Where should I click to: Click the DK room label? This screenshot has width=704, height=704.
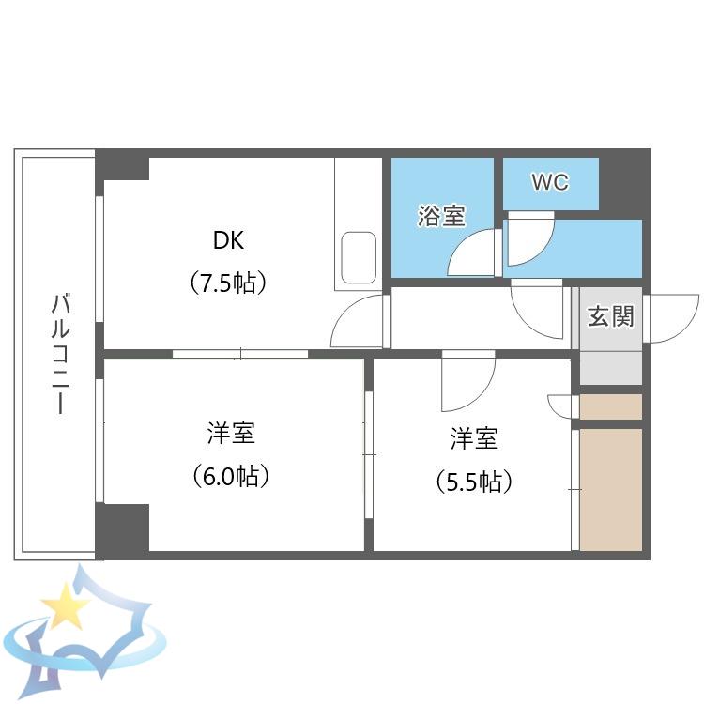coord(228,240)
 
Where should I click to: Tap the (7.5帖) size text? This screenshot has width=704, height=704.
coord(228,283)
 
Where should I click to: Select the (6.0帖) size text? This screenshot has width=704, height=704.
coord(231,476)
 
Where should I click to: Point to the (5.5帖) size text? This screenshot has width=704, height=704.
coord(474,482)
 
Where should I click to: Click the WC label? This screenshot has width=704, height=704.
coord(550,182)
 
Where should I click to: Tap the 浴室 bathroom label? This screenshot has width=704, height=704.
coord(441,216)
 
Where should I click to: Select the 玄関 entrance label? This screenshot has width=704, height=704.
coord(611,316)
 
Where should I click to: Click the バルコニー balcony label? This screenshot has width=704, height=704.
coord(60,353)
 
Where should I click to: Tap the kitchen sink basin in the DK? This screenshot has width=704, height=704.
coord(359,258)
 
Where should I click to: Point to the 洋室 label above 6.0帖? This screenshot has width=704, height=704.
coord(231,433)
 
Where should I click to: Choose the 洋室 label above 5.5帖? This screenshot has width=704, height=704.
coord(474,438)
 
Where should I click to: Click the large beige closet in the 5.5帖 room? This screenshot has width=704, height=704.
coord(611,489)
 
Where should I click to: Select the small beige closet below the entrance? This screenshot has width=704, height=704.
coord(611,406)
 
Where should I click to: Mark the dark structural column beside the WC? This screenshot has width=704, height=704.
coord(624,184)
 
